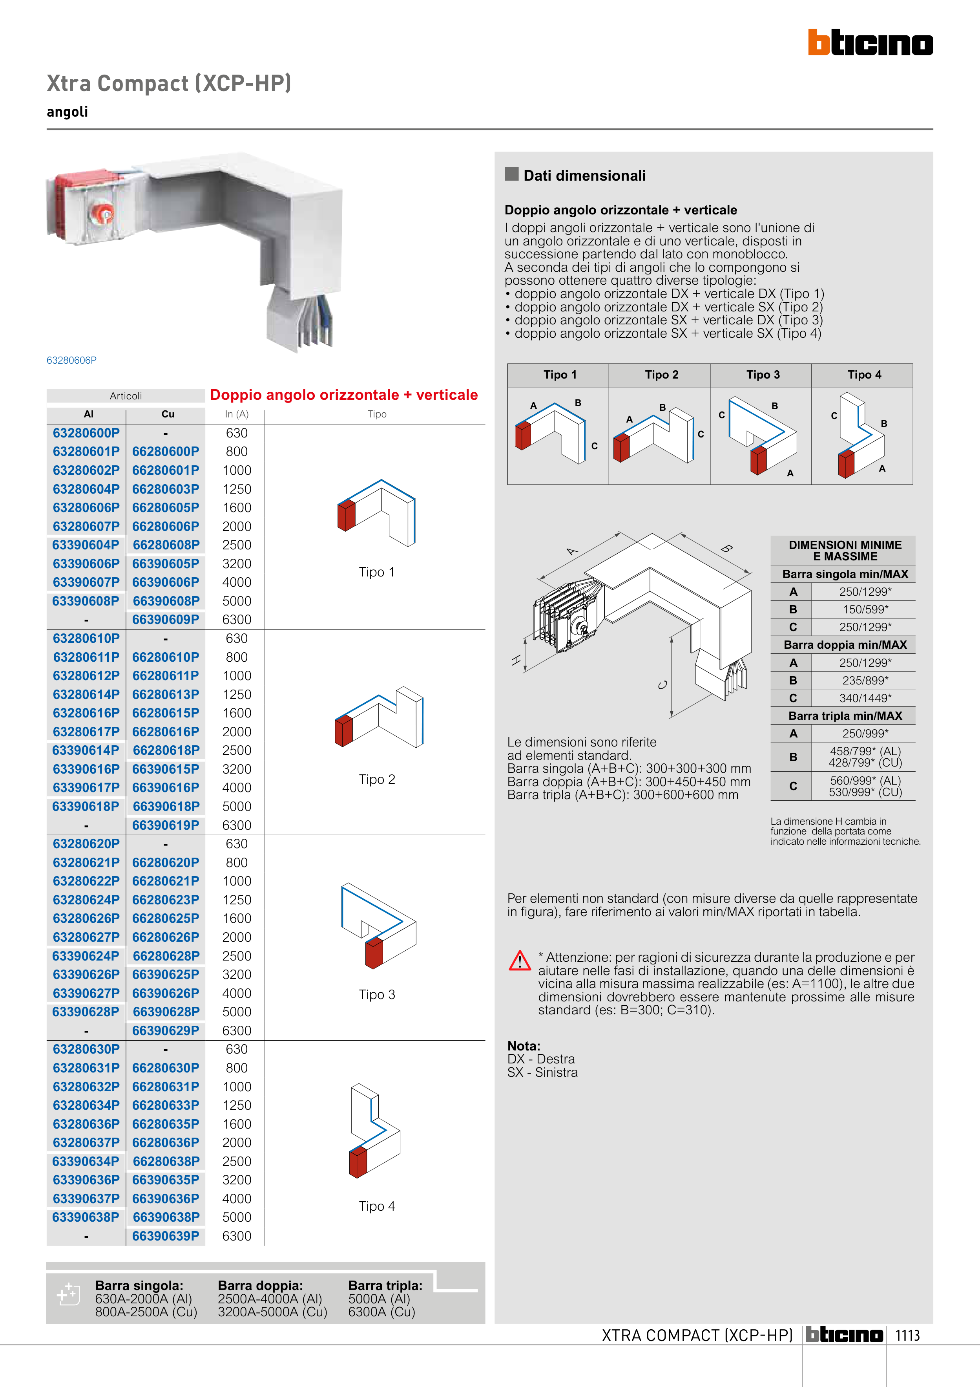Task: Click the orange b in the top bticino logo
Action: click(819, 42)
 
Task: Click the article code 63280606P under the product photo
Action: click(71, 360)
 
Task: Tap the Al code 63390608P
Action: click(86, 601)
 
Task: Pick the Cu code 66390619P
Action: click(166, 825)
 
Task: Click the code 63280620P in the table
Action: click(86, 844)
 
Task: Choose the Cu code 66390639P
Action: click(166, 1236)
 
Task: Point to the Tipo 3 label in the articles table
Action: click(377, 994)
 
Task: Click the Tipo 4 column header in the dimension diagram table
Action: click(864, 375)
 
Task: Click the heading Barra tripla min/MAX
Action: click(845, 716)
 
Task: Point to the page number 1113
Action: click(907, 1336)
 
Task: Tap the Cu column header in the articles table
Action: click(168, 414)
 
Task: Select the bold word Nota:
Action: click(524, 1046)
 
